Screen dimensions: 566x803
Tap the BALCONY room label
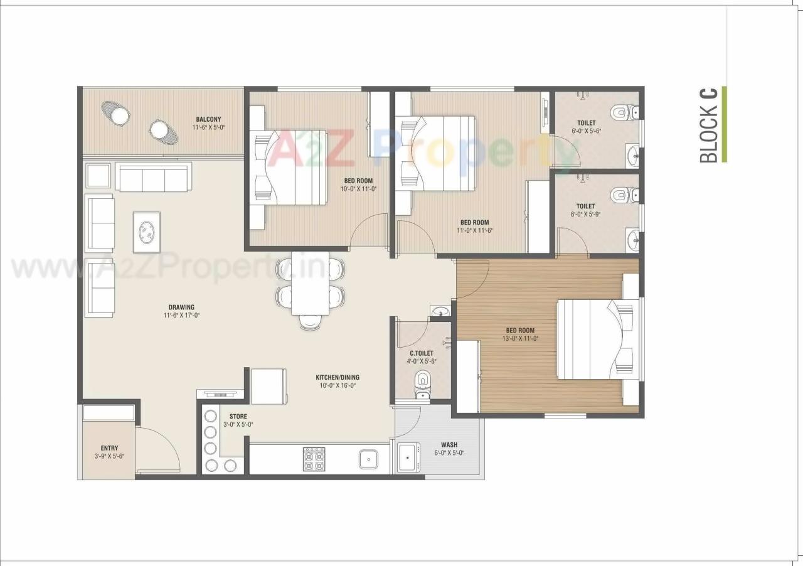click(x=208, y=119)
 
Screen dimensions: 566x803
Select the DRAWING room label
click(x=181, y=307)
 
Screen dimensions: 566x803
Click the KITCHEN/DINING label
click(x=338, y=378)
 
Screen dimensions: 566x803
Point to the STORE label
click(x=238, y=416)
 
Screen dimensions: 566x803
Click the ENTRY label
click(x=109, y=448)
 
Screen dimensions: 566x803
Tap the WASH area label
click(x=449, y=445)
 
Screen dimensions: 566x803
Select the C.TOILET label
click(x=422, y=353)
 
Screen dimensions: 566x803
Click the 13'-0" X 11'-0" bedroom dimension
click(x=520, y=339)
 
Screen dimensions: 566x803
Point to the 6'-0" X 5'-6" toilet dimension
click(x=586, y=131)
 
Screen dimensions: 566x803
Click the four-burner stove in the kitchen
click(x=314, y=459)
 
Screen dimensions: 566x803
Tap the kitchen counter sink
click(x=368, y=459)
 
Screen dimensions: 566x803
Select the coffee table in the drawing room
click(x=146, y=232)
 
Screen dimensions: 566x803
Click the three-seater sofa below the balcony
click(x=154, y=179)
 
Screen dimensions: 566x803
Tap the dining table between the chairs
click(x=310, y=282)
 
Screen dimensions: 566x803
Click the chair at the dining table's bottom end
click(x=310, y=322)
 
